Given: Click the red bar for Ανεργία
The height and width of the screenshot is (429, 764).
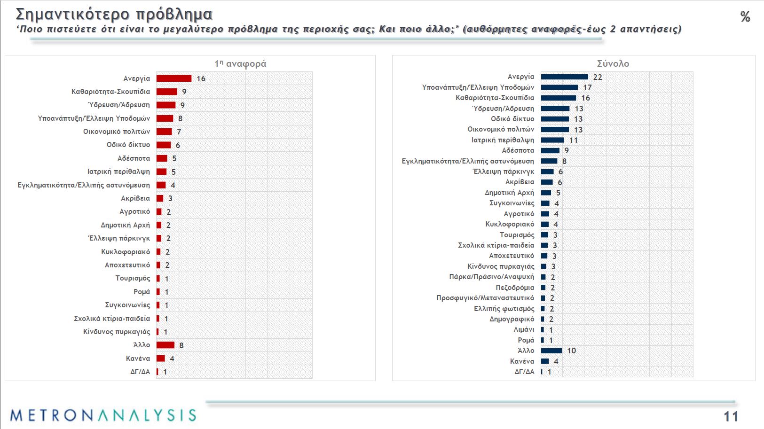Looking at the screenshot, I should [174, 78].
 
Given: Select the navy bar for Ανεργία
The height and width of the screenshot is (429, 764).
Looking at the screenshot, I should [564, 77].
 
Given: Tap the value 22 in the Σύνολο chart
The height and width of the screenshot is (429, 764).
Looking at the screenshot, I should [598, 77].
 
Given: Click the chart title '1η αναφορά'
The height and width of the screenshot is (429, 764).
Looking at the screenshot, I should [240, 63].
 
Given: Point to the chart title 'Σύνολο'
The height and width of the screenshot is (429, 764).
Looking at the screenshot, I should [613, 63].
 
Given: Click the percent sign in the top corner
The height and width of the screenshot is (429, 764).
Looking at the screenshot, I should [745, 17].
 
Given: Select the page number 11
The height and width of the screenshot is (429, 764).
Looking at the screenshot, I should [731, 416].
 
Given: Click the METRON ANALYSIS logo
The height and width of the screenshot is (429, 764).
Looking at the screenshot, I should [103, 415].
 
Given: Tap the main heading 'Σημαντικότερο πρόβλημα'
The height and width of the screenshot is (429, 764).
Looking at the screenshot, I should [114, 14].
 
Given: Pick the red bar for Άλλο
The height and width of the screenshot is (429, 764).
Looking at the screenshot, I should [165, 345].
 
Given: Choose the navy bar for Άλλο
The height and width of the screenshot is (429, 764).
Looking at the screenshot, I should [551, 351].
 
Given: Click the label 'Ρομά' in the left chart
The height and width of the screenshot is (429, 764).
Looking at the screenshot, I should [142, 292].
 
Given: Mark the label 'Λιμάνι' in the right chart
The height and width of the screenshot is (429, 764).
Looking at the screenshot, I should [524, 329].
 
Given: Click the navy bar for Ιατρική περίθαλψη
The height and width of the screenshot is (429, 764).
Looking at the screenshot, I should [552, 140].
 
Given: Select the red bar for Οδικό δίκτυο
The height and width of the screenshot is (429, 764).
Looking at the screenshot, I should [164, 145].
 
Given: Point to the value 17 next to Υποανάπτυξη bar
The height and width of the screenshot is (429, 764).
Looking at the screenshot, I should [587, 87].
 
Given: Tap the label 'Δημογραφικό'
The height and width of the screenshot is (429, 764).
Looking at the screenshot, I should [512, 319].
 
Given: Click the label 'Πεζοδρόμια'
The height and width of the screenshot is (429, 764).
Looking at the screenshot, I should [515, 288].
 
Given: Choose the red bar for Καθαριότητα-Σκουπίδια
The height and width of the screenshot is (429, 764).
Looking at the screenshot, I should [167, 92].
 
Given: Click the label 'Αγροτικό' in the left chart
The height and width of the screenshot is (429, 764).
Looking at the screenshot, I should [134, 211].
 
